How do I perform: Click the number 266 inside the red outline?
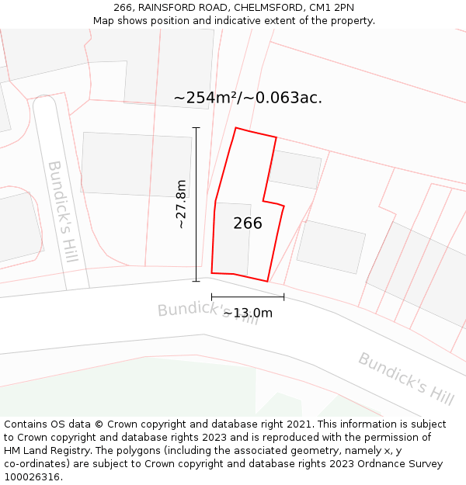(x=248, y=223)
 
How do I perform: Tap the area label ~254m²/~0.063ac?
(x=248, y=98)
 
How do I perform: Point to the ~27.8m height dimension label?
(x=181, y=204)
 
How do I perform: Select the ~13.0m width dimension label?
(x=248, y=313)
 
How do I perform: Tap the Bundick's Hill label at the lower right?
(x=405, y=379)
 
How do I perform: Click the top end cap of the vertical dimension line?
(x=196, y=128)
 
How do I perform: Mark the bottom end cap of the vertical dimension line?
(x=196, y=281)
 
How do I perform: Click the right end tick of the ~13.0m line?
(x=283, y=296)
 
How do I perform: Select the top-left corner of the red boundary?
(x=236, y=128)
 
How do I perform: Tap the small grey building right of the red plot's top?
(x=294, y=169)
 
